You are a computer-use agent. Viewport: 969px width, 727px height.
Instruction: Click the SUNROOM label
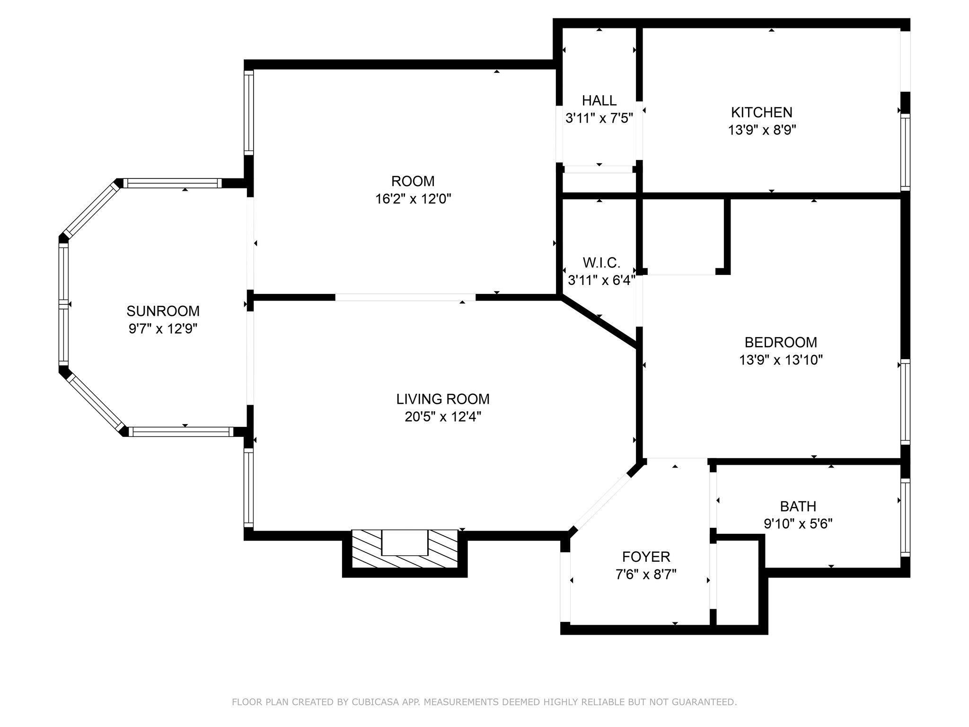[x=163, y=311]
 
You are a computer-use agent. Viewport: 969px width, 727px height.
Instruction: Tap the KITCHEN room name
[x=762, y=112]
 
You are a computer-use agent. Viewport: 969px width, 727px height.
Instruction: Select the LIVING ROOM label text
[x=443, y=399]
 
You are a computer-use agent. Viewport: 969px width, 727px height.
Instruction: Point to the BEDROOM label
[x=781, y=342]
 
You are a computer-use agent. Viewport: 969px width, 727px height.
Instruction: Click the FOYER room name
[x=646, y=557]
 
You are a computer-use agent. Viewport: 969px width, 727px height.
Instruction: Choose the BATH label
[x=798, y=506]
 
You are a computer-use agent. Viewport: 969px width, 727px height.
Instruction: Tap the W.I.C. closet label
[x=601, y=263]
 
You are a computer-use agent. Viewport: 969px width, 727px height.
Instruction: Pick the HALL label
[x=599, y=100]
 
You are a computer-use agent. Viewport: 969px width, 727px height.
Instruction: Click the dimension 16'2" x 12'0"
[x=413, y=199]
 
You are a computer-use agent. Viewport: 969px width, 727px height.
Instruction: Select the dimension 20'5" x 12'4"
[x=443, y=417]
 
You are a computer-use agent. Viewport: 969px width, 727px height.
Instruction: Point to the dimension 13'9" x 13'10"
[x=781, y=360]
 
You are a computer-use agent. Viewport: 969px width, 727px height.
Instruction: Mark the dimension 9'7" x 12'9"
[x=163, y=329]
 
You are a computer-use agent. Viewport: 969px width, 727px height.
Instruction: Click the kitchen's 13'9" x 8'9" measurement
[x=762, y=130]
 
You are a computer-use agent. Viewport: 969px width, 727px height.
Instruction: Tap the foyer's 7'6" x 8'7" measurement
[x=646, y=575]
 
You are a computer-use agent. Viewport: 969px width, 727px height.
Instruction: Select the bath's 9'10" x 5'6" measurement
[x=798, y=524]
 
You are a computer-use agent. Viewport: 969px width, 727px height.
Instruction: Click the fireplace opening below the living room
[x=405, y=542]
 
